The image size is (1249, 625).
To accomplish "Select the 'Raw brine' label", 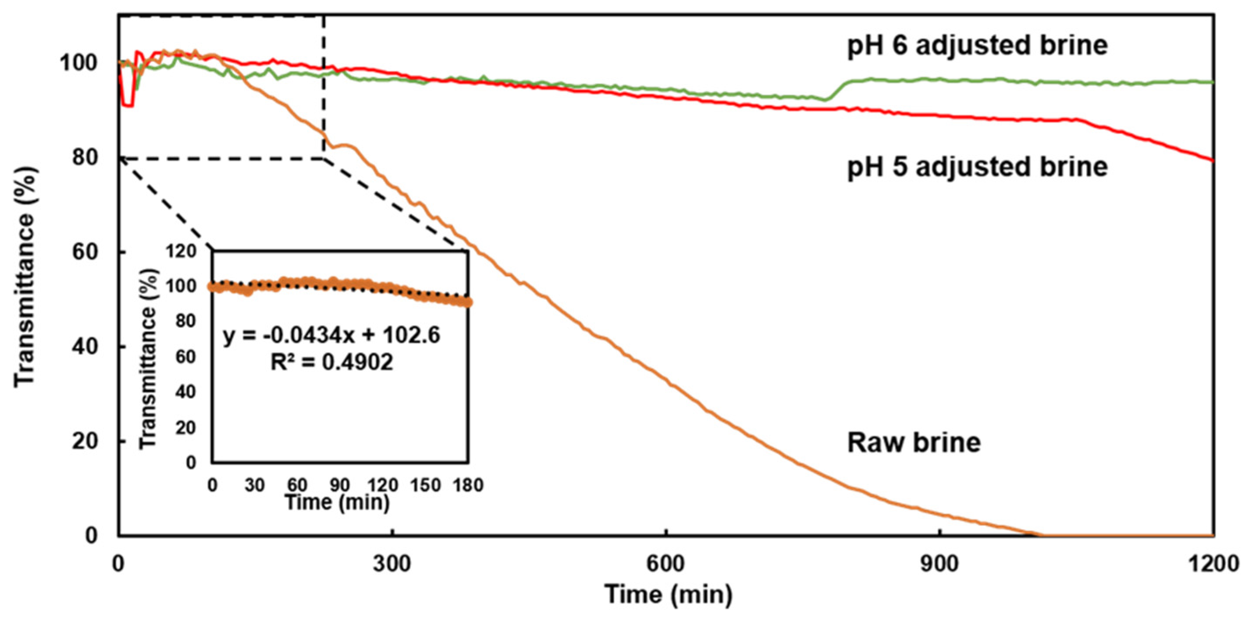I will click(914, 443).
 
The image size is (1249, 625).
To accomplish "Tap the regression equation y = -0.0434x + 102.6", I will click(331, 336).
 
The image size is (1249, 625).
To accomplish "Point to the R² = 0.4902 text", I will click(331, 362).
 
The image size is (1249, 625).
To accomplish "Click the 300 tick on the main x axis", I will click(392, 565).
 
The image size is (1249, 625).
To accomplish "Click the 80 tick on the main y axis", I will click(85, 158).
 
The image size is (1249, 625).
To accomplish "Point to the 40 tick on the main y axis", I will click(85, 347).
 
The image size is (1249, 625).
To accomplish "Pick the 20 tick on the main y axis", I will click(85, 441).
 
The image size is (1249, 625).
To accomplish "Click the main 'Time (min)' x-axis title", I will click(668, 594).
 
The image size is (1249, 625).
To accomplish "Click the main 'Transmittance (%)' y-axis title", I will click(24, 277).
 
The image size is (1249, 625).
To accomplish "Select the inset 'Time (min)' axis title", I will click(337, 502).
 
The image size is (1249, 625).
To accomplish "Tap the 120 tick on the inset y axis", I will click(181, 251).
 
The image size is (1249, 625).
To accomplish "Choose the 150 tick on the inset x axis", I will click(425, 485).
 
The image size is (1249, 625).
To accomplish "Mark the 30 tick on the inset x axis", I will click(254, 485).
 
